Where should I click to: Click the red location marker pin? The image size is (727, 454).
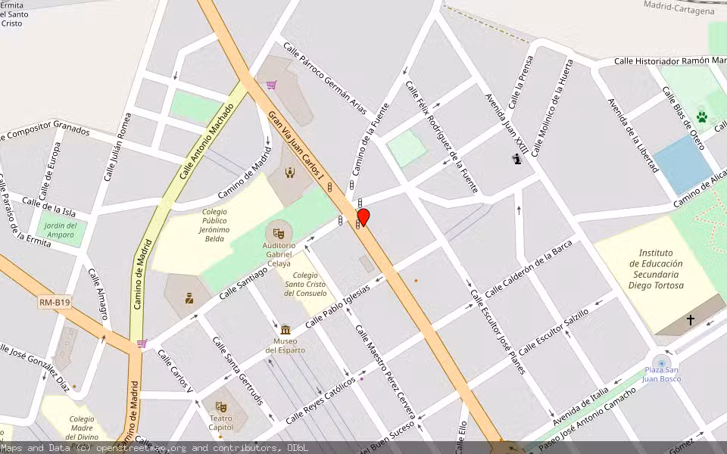point(363,218)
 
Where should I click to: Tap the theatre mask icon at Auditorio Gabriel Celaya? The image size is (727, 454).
point(279,230)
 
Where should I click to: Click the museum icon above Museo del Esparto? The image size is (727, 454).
point(285,330)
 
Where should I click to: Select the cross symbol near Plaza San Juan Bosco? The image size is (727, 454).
point(690,320)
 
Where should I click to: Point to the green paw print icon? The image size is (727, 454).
point(702,117)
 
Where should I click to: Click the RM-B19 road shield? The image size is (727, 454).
point(55,303)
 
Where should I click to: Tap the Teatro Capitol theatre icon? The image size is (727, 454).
point(221,407)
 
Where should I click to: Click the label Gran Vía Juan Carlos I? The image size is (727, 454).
point(298,150)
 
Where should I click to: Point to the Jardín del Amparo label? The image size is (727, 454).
point(60,230)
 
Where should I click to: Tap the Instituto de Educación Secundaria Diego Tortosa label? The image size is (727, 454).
point(656,269)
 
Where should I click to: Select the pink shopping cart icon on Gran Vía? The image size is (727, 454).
point(271,85)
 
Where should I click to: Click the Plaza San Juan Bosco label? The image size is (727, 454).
point(662,374)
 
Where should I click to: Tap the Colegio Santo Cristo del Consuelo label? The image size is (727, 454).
point(305,285)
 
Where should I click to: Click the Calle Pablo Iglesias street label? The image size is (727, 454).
point(337,306)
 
